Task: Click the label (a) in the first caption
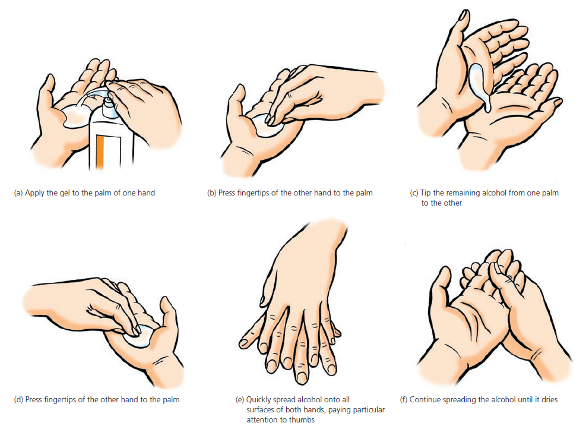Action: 18,193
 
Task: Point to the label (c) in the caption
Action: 414,193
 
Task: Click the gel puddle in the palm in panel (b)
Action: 268,126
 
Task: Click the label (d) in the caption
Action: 18,400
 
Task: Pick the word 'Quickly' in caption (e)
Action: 258,400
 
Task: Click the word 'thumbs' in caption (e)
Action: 303,420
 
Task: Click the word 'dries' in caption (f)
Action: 549,400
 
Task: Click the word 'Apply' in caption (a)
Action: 34,193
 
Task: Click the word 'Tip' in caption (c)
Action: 426,193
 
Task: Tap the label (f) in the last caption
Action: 404,400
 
